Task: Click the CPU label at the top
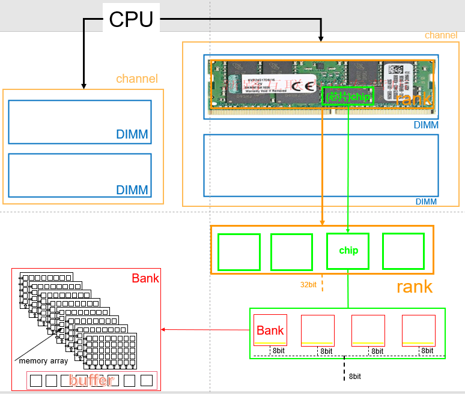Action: click(x=131, y=19)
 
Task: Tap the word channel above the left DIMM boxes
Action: click(x=137, y=79)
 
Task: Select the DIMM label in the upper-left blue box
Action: click(x=132, y=134)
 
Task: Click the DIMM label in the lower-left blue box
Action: click(x=132, y=190)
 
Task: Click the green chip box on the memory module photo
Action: click(x=348, y=97)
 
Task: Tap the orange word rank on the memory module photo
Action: click(x=413, y=99)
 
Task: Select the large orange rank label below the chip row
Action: click(x=414, y=286)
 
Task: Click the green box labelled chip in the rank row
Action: click(x=348, y=251)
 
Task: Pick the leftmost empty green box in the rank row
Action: click(x=239, y=252)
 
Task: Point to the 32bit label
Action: click(x=309, y=285)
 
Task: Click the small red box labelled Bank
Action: click(x=270, y=330)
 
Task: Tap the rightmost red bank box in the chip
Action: click(x=418, y=330)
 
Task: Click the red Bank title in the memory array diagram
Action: click(x=145, y=278)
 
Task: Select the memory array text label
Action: click(x=43, y=361)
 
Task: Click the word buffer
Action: click(x=91, y=380)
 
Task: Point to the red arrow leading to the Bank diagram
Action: click(x=204, y=329)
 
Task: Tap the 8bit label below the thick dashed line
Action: click(x=355, y=376)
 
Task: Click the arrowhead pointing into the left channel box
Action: click(x=84, y=86)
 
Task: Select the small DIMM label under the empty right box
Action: click(x=426, y=201)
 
